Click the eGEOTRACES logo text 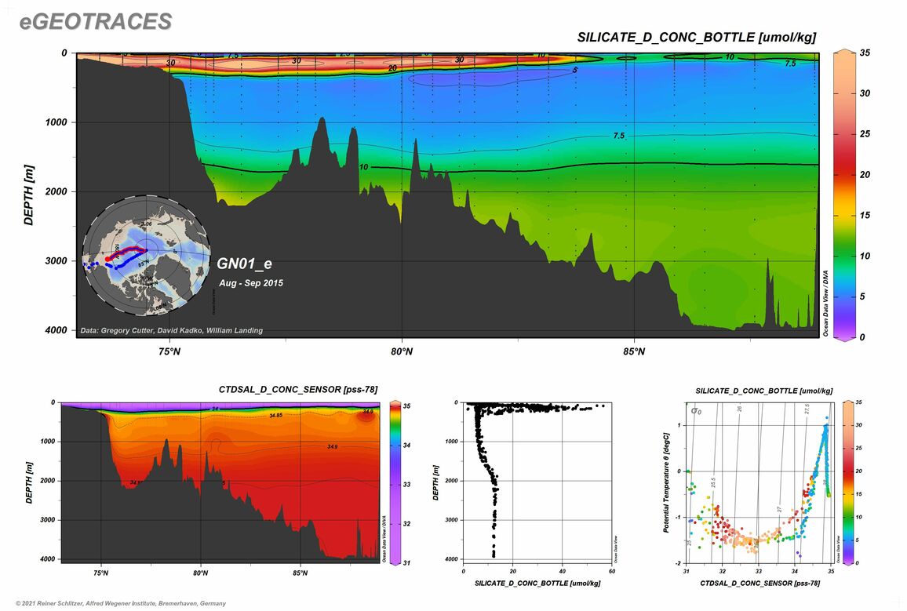click(x=96, y=22)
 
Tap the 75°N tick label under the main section click(x=169, y=351)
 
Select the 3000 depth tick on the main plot click(x=57, y=261)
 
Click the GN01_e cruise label click(x=244, y=264)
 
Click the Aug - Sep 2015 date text click(x=251, y=282)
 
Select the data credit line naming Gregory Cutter click(x=172, y=331)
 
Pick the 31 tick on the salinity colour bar click(x=409, y=562)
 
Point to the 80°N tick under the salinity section click(x=201, y=573)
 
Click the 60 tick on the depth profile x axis click(x=610, y=572)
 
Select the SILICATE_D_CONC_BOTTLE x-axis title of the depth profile click(x=537, y=584)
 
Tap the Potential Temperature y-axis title click(x=667, y=482)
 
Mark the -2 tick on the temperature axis click(x=679, y=563)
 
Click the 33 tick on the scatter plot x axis click(x=758, y=572)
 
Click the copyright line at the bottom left click(x=115, y=603)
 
